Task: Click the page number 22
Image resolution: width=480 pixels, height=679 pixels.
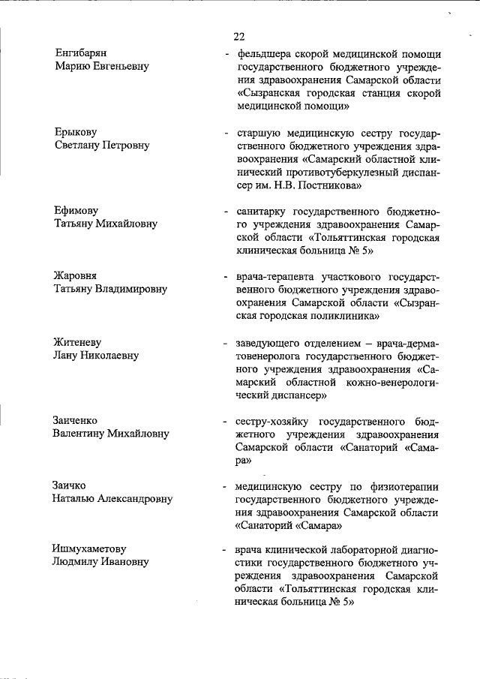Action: pyautogui.click(x=239, y=36)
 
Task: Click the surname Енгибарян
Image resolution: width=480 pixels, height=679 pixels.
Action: pyautogui.click(x=82, y=53)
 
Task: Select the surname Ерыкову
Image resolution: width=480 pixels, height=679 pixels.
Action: pyautogui.click(x=76, y=132)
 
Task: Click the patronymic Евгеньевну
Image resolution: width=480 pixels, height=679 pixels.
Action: pyautogui.click(x=118, y=67)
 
